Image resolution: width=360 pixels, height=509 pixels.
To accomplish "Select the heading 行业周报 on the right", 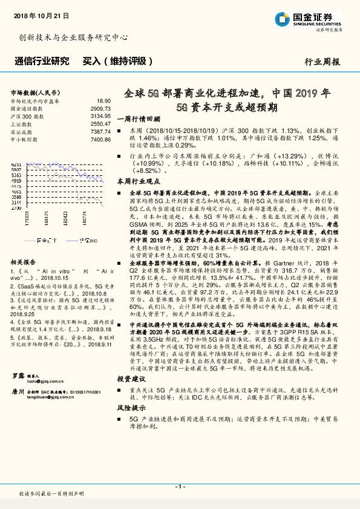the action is point(322,62).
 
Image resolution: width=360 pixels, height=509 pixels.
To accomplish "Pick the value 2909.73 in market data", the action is point(100,108).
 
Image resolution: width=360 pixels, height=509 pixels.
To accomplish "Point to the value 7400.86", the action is point(100,138).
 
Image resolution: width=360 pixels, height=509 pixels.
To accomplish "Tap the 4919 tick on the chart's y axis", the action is point(17,181).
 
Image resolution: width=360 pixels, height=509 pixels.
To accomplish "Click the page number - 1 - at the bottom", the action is point(180,486).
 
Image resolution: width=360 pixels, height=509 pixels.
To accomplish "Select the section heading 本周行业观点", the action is point(138,180).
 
